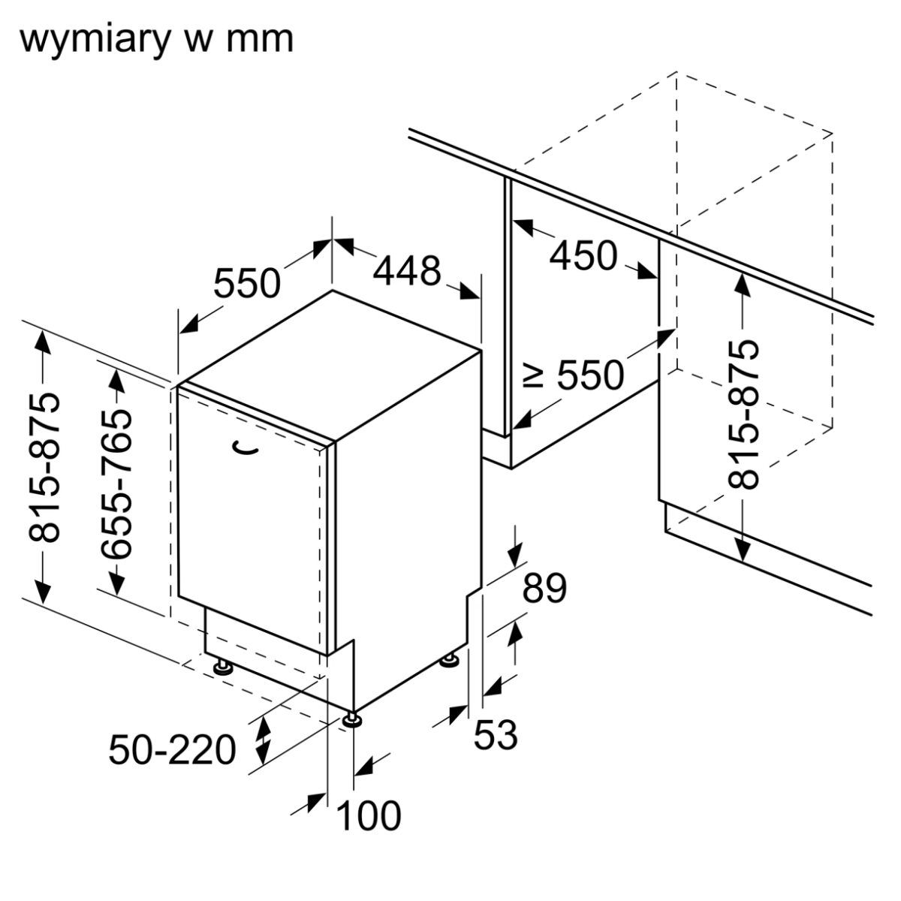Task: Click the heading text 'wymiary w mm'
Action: (x=156, y=39)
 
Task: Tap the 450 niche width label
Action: (x=583, y=256)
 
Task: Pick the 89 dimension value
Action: (x=544, y=589)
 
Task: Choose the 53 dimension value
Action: (x=496, y=734)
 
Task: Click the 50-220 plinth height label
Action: (x=173, y=749)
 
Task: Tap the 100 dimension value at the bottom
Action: (x=368, y=816)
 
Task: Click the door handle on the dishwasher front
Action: (x=244, y=447)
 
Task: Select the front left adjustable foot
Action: (x=223, y=667)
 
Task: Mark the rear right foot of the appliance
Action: (x=450, y=661)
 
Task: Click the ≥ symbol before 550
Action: (x=533, y=375)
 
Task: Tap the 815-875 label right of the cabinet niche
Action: (x=745, y=414)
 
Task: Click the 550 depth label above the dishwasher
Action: (x=247, y=284)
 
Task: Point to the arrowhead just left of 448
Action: (x=344, y=245)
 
